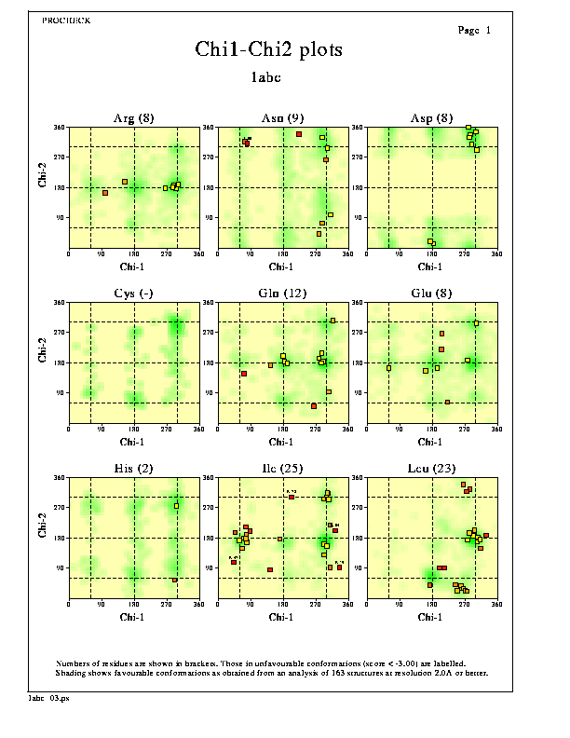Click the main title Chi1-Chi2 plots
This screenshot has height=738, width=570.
point(268,49)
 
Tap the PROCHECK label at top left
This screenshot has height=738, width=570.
point(67,20)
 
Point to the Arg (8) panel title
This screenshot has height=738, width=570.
point(134,118)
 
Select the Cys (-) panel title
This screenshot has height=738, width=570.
point(134,294)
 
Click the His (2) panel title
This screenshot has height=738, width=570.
point(134,469)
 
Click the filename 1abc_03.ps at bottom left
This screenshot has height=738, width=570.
point(47,697)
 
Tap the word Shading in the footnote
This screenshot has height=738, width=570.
point(71,672)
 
